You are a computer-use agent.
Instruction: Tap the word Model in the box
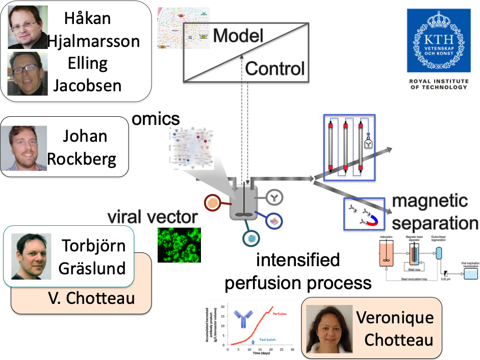pyautogui.click(x=238, y=36)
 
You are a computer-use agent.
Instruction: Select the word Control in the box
pyautogui.click(x=274, y=68)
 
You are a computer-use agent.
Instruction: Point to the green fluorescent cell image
pyautogui.click(x=177, y=245)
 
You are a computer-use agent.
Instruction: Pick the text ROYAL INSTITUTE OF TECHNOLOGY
pyautogui.click(x=439, y=84)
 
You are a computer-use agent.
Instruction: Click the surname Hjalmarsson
pyautogui.click(x=93, y=41)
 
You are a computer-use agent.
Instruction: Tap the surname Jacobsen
pyautogui.click(x=87, y=85)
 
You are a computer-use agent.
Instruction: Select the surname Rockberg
pyautogui.click(x=82, y=159)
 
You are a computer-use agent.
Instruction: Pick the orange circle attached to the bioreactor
pyautogui.click(x=214, y=203)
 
